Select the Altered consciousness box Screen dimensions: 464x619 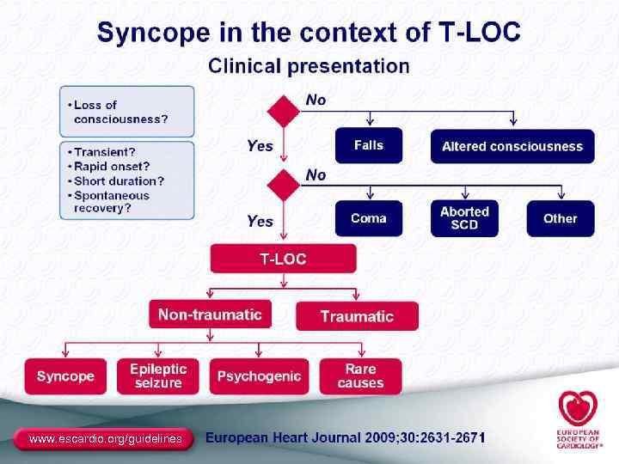[x=512, y=146]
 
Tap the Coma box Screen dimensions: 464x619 [x=369, y=218]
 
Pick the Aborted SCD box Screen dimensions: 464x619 [x=464, y=218]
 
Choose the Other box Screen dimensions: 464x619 [x=560, y=218]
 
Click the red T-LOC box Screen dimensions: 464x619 [x=283, y=259]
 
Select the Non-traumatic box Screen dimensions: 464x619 [x=210, y=314]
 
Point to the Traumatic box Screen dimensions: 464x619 [x=357, y=316]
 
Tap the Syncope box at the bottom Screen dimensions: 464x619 [x=65, y=376]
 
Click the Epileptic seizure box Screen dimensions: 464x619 [x=158, y=376]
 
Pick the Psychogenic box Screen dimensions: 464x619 [x=259, y=376]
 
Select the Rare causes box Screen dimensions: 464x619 [x=360, y=376]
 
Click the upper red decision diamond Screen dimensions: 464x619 [x=284, y=112]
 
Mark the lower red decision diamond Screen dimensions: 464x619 [x=284, y=184]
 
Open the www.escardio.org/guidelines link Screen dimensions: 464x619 [x=106, y=439]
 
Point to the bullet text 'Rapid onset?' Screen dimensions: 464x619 [x=112, y=166]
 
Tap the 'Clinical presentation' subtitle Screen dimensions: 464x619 [x=309, y=65]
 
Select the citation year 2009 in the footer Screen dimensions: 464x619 [x=382, y=438]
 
